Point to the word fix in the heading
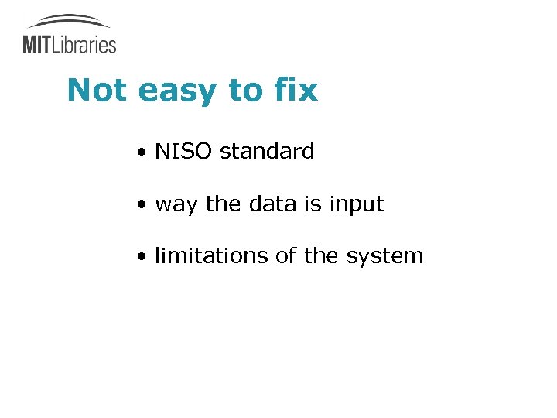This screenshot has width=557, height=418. (x=296, y=91)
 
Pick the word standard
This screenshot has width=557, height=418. (x=267, y=152)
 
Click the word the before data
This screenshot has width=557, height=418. (x=224, y=204)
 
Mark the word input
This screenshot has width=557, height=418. (x=357, y=205)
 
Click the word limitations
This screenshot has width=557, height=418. (x=212, y=256)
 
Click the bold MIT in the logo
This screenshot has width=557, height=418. (x=36, y=44)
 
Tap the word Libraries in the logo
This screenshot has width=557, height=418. (x=84, y=44)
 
